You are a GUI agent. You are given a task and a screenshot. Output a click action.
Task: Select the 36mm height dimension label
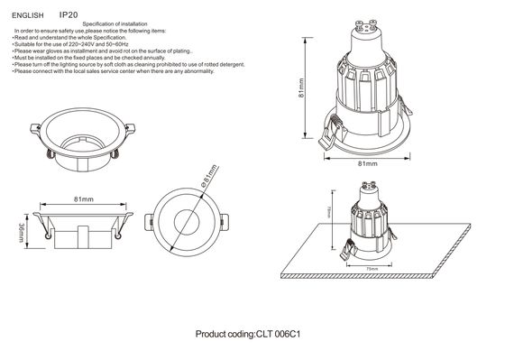22,233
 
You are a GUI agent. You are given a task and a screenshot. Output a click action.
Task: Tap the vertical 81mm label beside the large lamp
302,87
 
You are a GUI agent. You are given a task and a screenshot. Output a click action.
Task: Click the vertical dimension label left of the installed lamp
329,213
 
